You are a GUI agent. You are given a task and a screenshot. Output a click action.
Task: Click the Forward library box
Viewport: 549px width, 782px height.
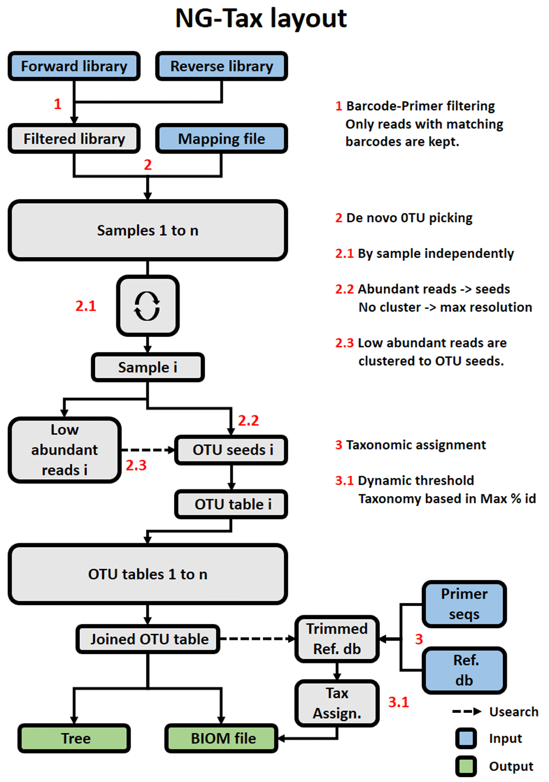(x=74, y=66)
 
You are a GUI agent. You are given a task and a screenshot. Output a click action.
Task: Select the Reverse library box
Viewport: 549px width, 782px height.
(x=221, y=66)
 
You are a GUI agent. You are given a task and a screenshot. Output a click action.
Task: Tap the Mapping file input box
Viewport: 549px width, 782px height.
(x=221, y=139)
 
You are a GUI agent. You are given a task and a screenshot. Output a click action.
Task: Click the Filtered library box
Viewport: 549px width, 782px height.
(x=74, y=139)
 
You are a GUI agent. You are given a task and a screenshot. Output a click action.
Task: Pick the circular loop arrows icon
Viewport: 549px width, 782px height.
(x=147, y=306)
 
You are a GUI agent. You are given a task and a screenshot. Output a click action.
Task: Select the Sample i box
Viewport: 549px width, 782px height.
(x=147, y=367)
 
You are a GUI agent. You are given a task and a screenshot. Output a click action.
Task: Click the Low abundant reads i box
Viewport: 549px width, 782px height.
(x=65, y=450)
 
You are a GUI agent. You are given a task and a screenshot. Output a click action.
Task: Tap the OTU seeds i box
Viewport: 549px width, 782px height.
(x=231, y=450)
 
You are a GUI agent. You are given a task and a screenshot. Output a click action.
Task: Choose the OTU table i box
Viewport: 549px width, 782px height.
(x=231, y=504)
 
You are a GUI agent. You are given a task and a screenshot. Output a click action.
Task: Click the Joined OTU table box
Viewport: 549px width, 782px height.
(x=148, y=639)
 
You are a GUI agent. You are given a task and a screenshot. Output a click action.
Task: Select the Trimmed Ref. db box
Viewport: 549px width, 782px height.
(x=337, y=639)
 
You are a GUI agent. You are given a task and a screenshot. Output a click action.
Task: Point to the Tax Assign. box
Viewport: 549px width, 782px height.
(x=337, y=703)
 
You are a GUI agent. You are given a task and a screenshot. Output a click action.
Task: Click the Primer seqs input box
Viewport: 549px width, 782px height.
(x=464, y=604)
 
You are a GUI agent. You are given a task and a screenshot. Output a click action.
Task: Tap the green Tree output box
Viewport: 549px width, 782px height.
(x=75, y=738)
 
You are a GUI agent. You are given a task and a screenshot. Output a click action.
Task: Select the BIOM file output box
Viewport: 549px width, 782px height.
(x=222, y=738)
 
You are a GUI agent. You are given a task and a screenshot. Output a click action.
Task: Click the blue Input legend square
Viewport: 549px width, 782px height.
(x=466, y=738)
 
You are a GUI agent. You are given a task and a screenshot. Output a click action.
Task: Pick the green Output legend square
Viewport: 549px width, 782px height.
(x=466, y=766)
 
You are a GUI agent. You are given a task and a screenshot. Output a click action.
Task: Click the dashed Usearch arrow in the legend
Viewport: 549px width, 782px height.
(x=466, y=712)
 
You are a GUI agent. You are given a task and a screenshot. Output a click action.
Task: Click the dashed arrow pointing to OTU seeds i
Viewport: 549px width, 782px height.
(x=147, y=450)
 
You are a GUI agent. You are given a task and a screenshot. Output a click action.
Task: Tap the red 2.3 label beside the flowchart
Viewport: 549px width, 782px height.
(x=136, y=465)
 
